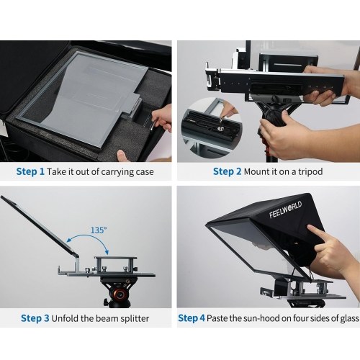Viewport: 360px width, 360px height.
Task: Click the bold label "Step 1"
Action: coord(30,171)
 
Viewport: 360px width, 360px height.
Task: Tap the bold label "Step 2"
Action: coord(227,171)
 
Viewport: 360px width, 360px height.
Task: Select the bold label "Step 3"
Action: coord(35,318)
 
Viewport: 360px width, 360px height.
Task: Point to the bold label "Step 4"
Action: coord(192,318)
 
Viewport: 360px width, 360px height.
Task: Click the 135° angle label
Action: coord(99,230)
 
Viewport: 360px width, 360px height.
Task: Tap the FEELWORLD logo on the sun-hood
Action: coord(285,210)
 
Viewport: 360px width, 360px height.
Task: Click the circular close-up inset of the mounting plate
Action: coord(212,127)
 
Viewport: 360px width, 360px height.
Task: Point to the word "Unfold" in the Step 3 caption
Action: coord(65,318)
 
